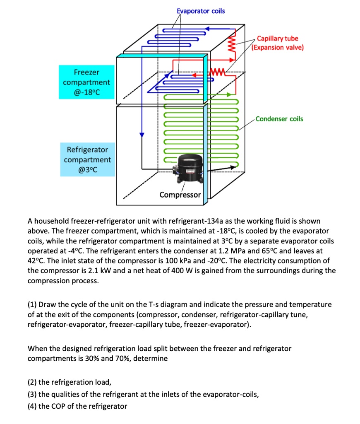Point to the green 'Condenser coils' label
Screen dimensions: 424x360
tap(279, 119)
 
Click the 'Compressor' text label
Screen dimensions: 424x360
tap(180, 195)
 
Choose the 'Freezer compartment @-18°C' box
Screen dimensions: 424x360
tap(86, 82)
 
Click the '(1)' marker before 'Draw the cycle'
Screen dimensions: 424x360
tap(32, 304)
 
